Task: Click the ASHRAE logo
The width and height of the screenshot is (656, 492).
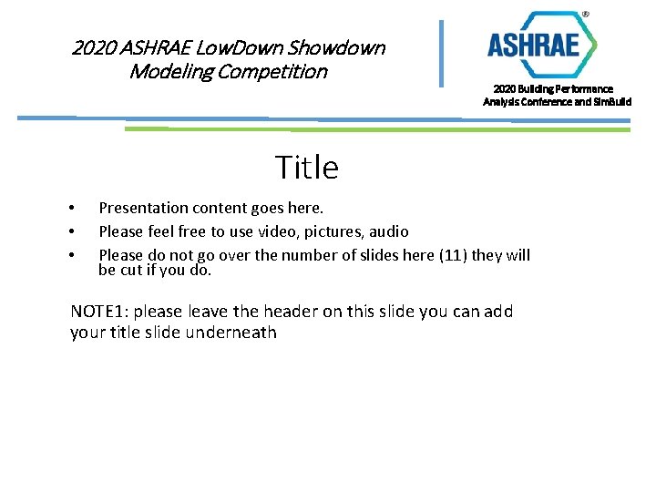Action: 542,45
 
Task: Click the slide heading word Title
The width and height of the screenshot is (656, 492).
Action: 306,168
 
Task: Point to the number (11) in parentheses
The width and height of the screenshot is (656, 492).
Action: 454,255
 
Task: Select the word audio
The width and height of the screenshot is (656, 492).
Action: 388,231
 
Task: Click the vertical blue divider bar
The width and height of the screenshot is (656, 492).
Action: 442,53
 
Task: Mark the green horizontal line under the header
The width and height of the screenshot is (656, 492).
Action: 376,129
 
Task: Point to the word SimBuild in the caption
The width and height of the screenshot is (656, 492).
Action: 611,101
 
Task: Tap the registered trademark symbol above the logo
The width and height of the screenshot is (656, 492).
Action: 585,15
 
